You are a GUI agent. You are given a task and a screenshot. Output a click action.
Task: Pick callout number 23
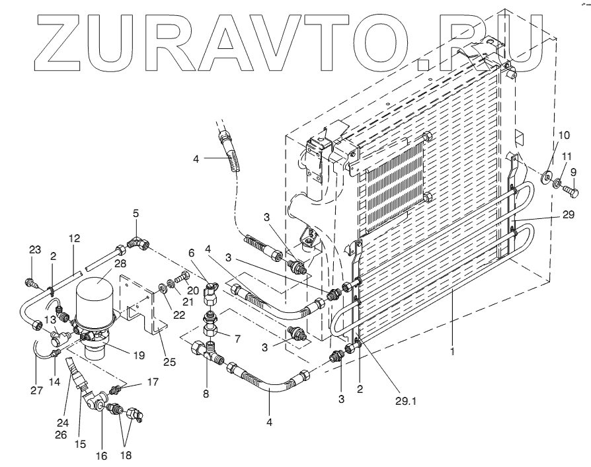click(x=34, y=249)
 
